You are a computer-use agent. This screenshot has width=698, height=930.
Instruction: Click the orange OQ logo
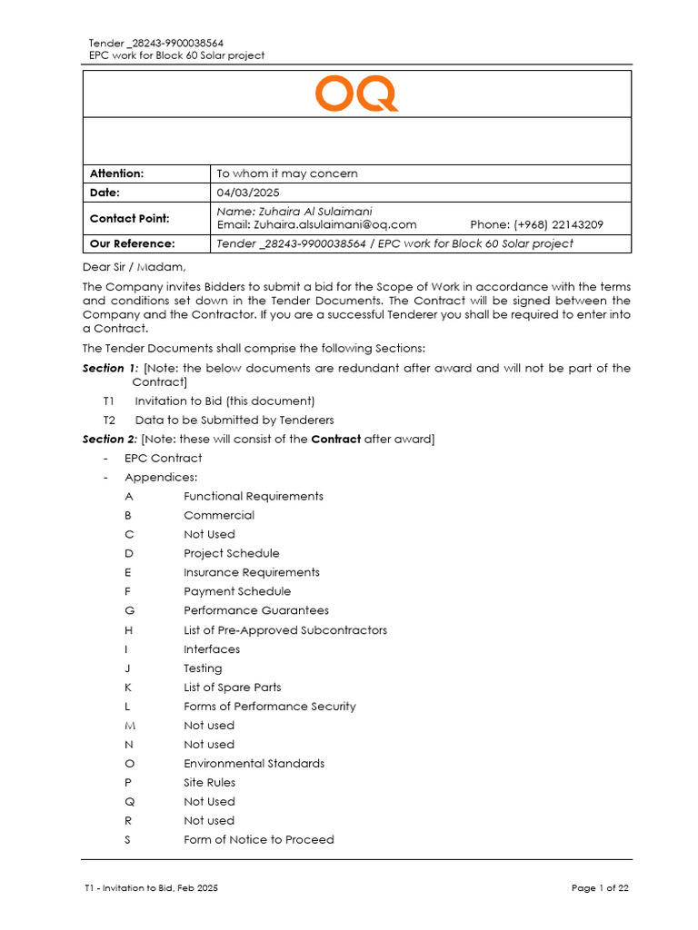coord(356,94)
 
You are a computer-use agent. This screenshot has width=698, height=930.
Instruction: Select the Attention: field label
coord(116,173)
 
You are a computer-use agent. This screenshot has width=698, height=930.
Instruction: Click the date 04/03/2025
coord(248,193)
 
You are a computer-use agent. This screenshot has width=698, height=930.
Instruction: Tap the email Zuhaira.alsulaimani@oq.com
coord(316,224)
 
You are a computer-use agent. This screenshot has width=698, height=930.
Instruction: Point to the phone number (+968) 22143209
coord(536,224)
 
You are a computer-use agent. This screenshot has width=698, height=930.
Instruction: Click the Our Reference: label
coord(132,243)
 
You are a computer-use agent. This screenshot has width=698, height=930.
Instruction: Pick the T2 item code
coord(110,420)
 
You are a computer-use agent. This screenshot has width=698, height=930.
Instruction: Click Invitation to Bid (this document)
coord(224,401)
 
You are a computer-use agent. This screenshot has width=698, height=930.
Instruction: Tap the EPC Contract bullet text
coord(164,458)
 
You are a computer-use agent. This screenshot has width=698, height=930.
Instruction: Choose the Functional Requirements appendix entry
coord(253,496)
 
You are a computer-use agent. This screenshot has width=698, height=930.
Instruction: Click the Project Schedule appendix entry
coord(231,553)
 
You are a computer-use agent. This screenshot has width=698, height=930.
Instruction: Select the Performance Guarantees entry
coord(256,610)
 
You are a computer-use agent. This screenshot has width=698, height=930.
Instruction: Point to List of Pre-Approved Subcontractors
coord(284,629)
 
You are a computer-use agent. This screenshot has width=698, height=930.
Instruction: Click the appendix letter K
coord(129,687)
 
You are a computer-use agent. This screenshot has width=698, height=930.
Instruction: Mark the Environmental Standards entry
coord(254,763)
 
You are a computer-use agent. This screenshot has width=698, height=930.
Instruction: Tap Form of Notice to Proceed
coord(258,839)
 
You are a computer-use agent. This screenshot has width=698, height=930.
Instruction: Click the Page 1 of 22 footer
coord(600,888)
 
